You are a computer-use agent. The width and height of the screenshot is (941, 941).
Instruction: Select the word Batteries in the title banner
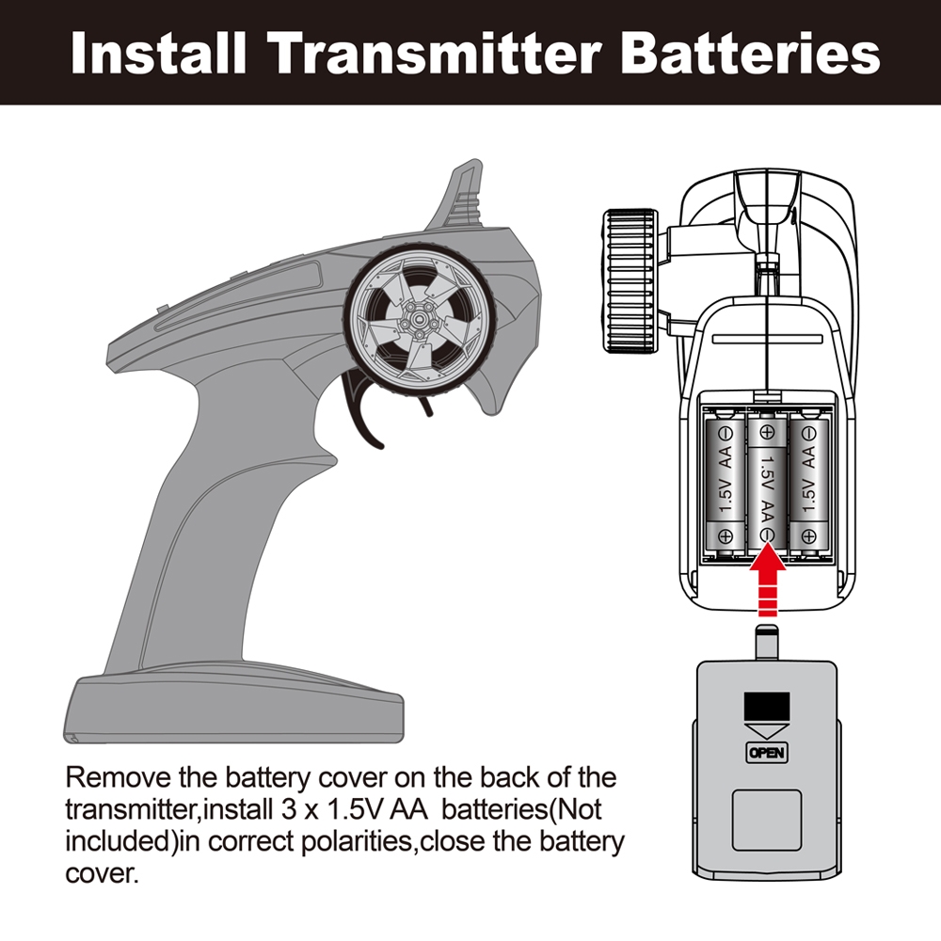coord(750,54)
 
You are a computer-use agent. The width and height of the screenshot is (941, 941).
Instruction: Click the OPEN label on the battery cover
coord(765,753)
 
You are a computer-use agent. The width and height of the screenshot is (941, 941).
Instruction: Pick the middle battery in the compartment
coord(767,485)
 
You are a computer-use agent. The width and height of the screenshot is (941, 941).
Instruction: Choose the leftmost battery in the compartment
coord(726,485)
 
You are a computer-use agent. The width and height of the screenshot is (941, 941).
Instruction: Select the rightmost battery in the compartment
coord(807,485)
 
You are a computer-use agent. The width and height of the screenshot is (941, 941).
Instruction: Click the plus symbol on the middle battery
coord(767,434)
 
